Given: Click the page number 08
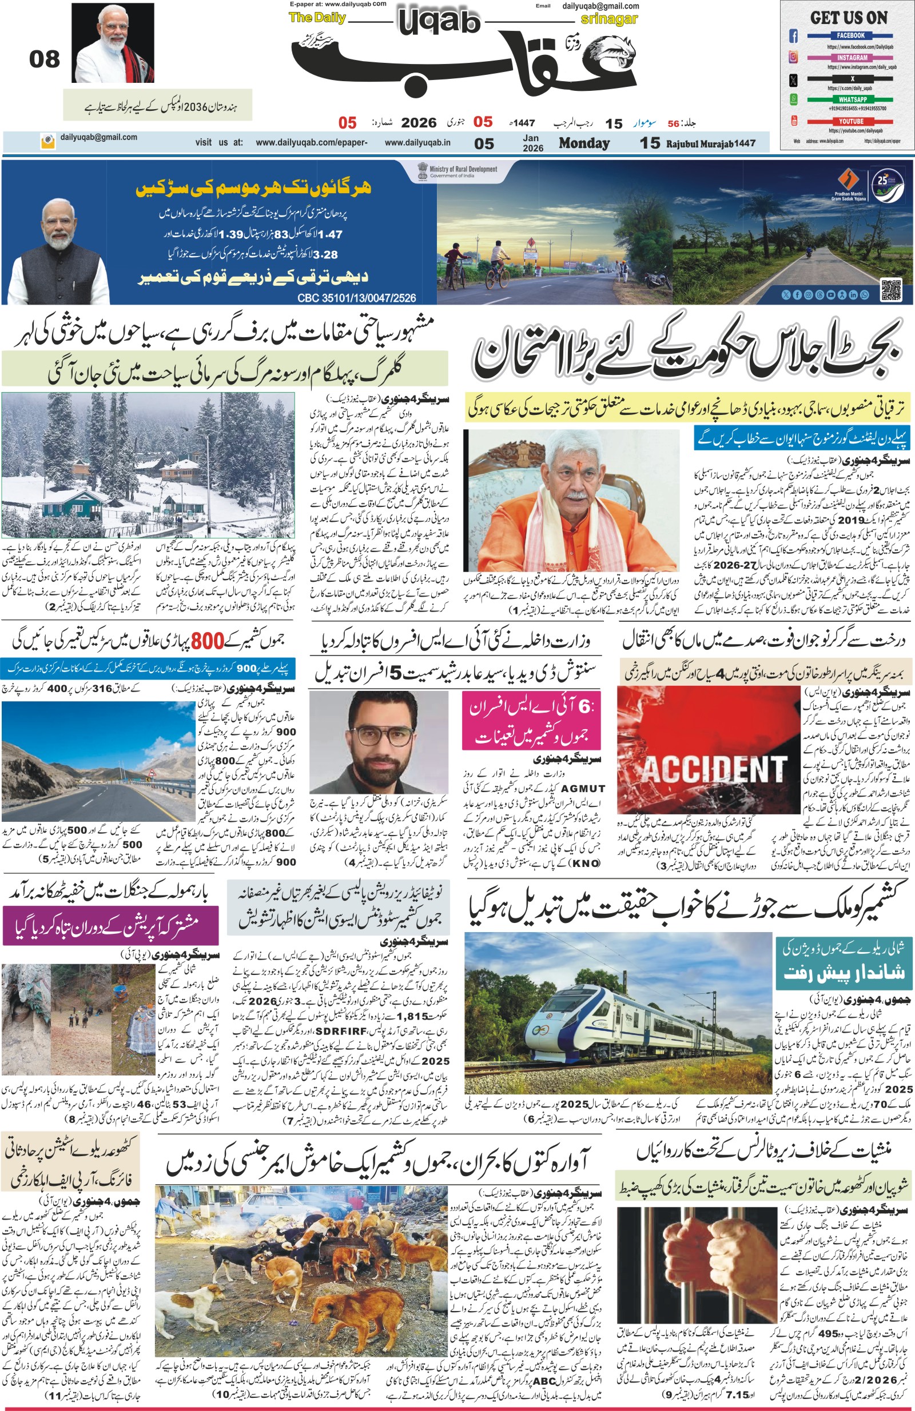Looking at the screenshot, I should pos(45,59).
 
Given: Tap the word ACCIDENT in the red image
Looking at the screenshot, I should pos(714,770).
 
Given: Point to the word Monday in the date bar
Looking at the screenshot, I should pos(584,143).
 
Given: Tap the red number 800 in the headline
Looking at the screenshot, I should pos(207,641).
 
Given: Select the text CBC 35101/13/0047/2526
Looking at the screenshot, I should pos(357,298).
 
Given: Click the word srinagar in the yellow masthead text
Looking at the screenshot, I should pos(609,19).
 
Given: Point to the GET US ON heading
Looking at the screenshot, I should pos(849,18).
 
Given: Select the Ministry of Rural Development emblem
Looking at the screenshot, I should pos(423,171).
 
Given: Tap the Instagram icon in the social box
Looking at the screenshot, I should pos(793,58).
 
